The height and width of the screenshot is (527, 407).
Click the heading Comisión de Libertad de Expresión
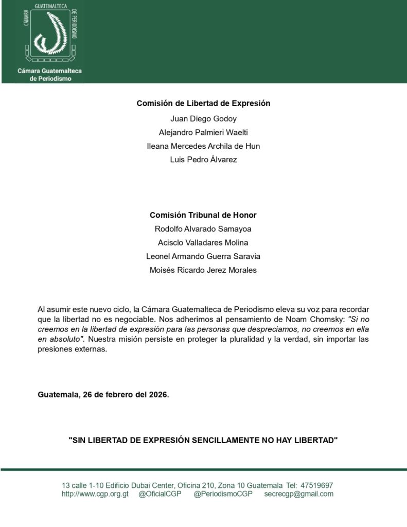point(203,103)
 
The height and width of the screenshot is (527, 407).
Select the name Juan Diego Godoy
point(203,118)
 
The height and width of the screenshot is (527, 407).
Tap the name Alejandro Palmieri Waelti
point(203,132)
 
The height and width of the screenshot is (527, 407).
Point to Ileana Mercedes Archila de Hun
point(203,146)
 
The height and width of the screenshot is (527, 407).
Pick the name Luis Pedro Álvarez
point(203,160)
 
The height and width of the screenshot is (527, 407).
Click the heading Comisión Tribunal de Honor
point(203,215)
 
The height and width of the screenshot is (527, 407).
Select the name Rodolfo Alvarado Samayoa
point(203,229)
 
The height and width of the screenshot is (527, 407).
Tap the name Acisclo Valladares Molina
point(203,243)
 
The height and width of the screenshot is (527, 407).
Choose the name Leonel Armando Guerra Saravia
point(203,256)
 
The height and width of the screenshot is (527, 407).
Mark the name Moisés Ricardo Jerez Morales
point(203,270)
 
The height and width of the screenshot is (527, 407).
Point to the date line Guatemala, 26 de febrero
point(103,395)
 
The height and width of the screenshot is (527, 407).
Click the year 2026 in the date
point(158,395)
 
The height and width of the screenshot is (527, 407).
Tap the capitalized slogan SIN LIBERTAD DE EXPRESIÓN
point(203,441)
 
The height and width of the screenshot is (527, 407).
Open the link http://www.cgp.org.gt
point(95,494)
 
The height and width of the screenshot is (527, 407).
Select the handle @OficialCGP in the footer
point(160,494)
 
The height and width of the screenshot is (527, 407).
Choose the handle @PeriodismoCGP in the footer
point(223,494)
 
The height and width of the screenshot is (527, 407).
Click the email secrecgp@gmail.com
point(298,494)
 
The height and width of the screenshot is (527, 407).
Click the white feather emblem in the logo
point(50,33)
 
